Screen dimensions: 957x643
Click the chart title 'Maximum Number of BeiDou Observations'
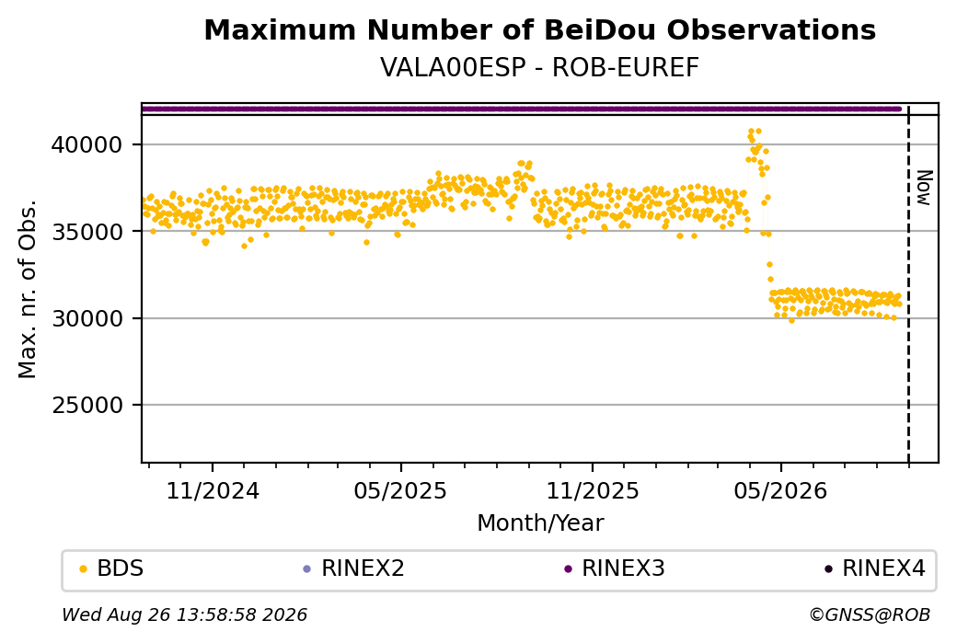(539, 29)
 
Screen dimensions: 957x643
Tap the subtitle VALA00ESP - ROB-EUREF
(539, 68)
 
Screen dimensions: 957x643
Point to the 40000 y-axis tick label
(87, 145)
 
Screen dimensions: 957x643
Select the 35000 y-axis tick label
(87, 232)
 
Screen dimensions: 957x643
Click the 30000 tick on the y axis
(87, 318)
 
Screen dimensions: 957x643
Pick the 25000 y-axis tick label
(87, 405)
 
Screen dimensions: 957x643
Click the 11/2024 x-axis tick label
(213, 490)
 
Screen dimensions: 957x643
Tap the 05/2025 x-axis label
(400, 490)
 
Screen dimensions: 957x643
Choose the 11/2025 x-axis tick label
(592, 490)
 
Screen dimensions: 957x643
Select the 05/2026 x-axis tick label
(780, 490)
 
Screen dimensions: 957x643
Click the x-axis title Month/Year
(540, 523)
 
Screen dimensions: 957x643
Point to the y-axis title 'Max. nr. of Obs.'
(28, 289)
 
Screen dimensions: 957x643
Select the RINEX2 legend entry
(354, 568)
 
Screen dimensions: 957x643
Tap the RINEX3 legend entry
(615, 568)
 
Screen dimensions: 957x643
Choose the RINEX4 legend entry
(875, 568)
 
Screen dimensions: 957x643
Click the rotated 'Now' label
(925, 188)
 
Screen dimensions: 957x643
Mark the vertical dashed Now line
(909, 284)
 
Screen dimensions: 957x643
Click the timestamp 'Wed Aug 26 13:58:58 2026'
(184, 614)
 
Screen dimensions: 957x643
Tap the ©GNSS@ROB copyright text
(870, 614)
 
